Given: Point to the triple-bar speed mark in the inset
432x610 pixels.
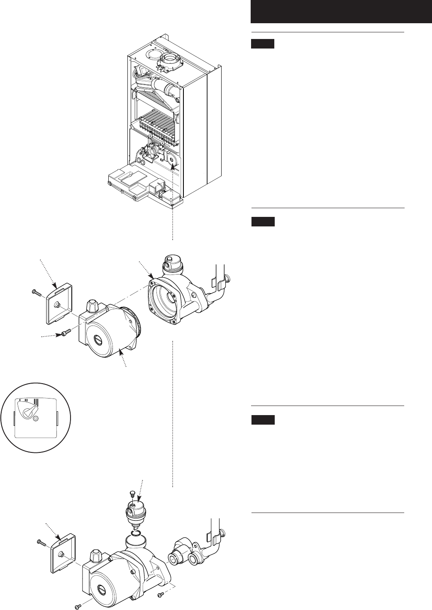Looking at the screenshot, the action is pos(36,401).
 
